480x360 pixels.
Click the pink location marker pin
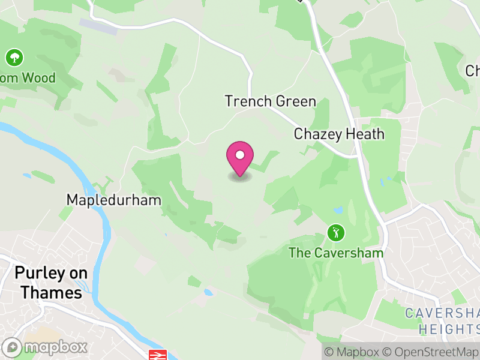[x=240, y=158]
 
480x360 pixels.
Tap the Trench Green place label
[x=270, y=101]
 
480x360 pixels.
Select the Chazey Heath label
[x=339, y=134]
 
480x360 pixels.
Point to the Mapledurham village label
[x=114, y=200]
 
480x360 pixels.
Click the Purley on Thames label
[x=51, y=283]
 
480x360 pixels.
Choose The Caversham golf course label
[x=336, y=253]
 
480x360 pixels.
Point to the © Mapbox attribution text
[x=352, y=352]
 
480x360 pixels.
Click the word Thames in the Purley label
[x=51, y=293]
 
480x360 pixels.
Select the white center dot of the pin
[x=240, y=155]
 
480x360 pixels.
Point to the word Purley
[x=35, y=273]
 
